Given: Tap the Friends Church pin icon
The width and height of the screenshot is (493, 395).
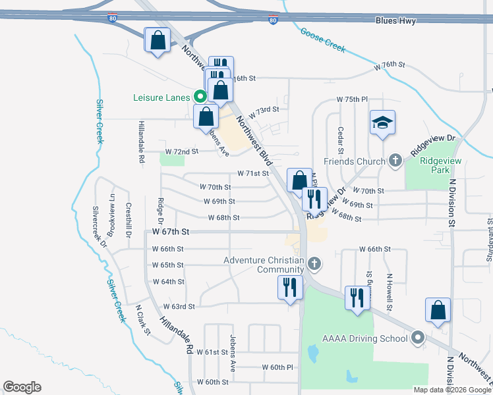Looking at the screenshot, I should (x=395, y=161).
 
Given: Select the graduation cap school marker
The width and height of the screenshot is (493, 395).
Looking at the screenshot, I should (x=382, y=123).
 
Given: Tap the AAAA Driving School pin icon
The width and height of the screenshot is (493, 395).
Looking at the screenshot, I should (x=417, y=339).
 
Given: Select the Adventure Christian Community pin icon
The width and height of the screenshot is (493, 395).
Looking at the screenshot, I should (x=315, y=265).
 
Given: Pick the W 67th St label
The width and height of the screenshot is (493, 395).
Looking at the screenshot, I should (x=171, y=232).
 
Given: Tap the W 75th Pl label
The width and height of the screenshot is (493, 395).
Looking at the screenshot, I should (x=351, y=99).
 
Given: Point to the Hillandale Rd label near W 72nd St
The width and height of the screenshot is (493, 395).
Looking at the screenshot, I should (x=141, y=142).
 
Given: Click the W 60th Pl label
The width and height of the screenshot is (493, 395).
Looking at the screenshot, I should (x=277, y=367).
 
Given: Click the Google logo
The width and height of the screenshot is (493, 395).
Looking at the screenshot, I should (x=22, y=387).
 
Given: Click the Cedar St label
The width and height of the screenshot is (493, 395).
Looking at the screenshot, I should (x=341, y=142).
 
